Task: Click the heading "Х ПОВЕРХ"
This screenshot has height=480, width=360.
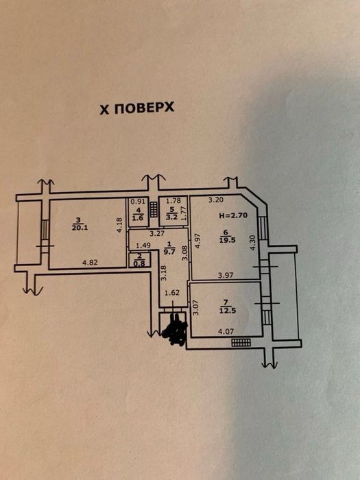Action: [137, 108]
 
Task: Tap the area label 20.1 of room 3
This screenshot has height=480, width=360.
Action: [80, 228]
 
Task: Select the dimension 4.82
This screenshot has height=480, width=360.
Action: [90, 263]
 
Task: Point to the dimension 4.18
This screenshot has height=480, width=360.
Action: [119, 225]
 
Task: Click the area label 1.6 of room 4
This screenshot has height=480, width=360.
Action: [139, 217]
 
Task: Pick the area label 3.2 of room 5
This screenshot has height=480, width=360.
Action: [172, 217]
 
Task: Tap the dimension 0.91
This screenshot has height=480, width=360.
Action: [138, 202]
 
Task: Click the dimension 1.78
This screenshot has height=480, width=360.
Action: [173, 201]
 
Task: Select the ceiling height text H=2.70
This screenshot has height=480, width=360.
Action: [233, 215]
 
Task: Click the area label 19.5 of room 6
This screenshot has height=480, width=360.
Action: [227, 240]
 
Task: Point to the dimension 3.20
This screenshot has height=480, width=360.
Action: [216, 200]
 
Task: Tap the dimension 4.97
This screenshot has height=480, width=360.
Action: [197, 241]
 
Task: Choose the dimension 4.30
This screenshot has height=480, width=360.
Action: [252, 243]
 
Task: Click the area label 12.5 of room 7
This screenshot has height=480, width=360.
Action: [227, 311]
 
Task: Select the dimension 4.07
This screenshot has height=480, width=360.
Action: [226, 331]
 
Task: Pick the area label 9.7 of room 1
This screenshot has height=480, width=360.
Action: [170, 252]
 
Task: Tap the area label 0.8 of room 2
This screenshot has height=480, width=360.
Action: [139, 263]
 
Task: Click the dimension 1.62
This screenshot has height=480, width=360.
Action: [172, 293]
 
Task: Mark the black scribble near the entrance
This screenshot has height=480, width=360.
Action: [176, 331]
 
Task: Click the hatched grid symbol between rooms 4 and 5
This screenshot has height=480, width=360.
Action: [154, 209]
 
